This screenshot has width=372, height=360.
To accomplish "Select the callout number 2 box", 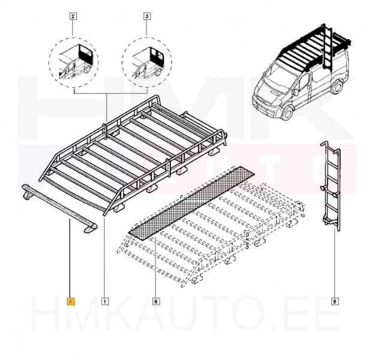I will tap(73, 17).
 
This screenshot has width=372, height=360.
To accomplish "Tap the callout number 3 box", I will tap(146, 17).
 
